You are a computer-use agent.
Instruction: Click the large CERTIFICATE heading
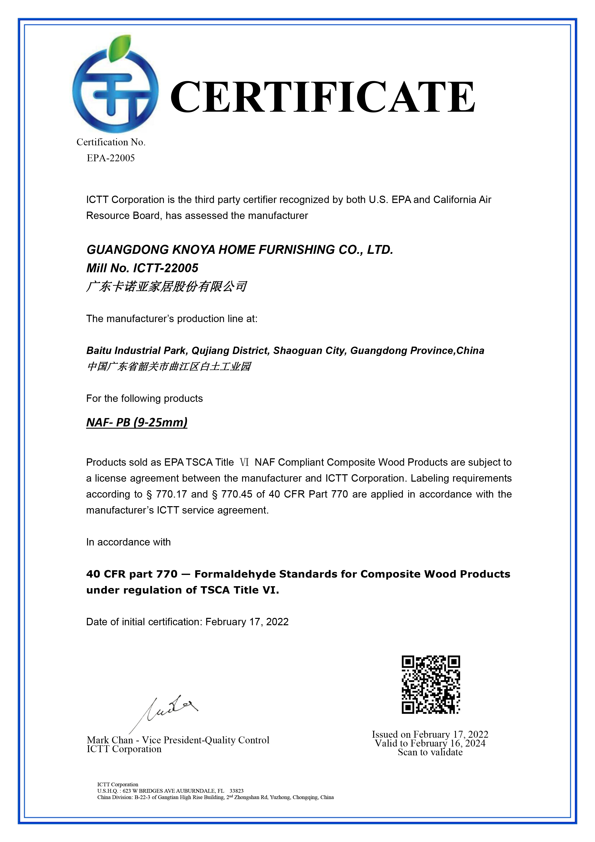(323, 97)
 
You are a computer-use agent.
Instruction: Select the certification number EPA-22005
(111, 158)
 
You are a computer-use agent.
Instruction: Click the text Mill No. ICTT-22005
(142, 268)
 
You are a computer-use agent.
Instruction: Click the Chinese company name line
(166, 286)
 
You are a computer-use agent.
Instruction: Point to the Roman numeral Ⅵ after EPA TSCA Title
(244, 462)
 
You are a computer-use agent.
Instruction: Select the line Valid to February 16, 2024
(430, 743)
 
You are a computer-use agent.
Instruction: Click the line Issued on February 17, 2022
(430, 734)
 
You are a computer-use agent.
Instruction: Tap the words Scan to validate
(430, 752)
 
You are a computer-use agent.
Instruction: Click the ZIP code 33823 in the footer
(237, 791)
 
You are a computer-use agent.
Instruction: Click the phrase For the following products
(145, 399)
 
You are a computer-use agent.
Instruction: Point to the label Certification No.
(111, 142)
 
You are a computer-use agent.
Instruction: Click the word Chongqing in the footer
(305, 797)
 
